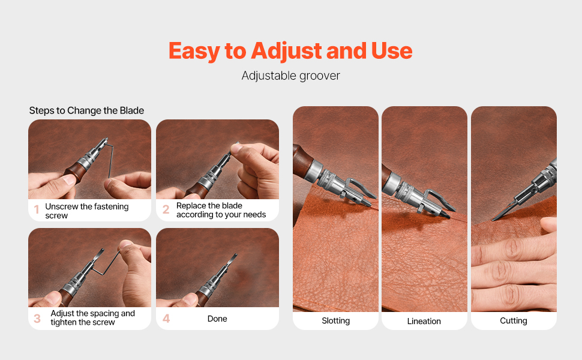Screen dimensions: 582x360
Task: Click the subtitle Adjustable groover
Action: tap(290, 76)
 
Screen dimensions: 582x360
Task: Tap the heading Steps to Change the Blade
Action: tap(86, 110)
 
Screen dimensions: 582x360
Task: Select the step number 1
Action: tap(37, 209)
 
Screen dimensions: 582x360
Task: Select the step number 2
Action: tap(166, 209)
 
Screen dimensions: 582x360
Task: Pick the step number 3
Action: tap(37, 319)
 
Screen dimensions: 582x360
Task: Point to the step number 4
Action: tap(166, 319)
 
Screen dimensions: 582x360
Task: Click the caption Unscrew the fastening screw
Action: tap(87, 211)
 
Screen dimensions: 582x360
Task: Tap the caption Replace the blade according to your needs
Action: tap(221, 210)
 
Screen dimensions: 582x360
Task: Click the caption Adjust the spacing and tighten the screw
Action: tap(93, 317)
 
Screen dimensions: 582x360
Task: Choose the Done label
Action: tap(217, 319)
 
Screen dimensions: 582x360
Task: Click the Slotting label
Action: tap(335, 320)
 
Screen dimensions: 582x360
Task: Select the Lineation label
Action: tap(424, 321)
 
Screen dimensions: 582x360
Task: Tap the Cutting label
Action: tap(514, 320)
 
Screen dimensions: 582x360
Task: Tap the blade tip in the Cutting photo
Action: tap(493, 220)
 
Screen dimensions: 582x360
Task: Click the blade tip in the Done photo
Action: tap(235, 255)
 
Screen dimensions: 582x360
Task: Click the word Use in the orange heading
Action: tap(392, 51)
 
